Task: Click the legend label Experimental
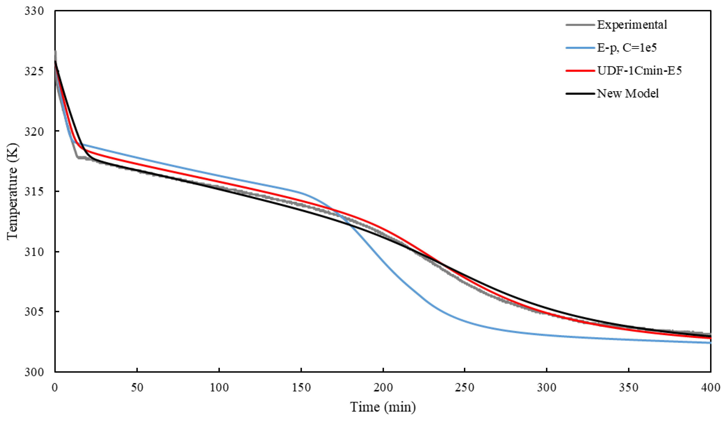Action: [632, 25]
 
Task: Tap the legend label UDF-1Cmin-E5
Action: [639, 71]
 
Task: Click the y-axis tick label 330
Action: [34, 11]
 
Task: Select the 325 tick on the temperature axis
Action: [34, 71]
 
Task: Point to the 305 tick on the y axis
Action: [34, 312]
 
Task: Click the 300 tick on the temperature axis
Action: [34, 372]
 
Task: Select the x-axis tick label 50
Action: [137, 388]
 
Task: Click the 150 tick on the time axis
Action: [301, 388]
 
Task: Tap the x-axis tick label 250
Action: [465, 388]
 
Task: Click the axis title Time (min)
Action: [383, 407]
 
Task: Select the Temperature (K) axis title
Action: [12, 191]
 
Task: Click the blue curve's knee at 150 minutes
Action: [301, 192]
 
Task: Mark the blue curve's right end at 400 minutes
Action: [710, 343]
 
